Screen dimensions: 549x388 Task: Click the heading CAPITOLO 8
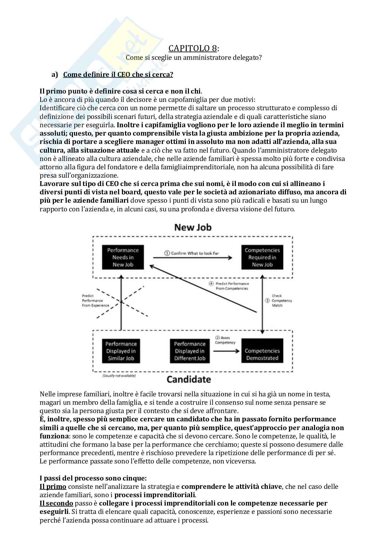tap(193, 48)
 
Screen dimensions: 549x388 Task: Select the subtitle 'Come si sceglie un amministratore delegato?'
tap(193, 58)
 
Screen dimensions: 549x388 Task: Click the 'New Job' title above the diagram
tap(193, 227)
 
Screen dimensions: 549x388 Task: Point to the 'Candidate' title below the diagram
tap(189, 379)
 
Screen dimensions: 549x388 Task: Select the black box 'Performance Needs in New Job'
tap(123, 257)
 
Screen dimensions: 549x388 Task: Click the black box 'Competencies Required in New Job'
tap(262, 257)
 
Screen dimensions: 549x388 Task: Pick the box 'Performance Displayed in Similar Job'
tap(121, 351)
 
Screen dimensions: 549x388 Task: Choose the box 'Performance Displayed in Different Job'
tap(190, 351)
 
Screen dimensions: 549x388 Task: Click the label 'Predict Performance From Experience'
tap(95, 300)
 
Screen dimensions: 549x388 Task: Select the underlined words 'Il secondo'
tap(56, 503)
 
